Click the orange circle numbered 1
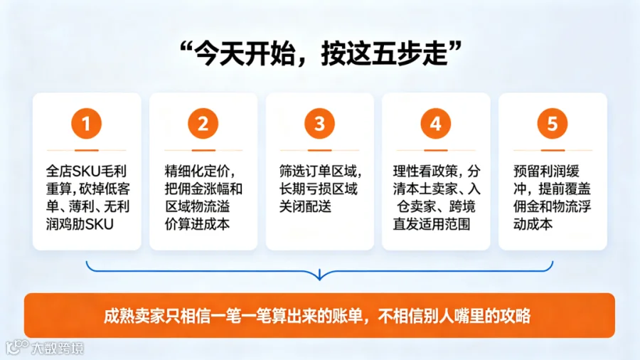(x=86, y=123)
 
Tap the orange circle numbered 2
(x=203, y=123)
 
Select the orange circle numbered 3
(x=319, y=123)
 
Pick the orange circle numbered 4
(x=435, y=123)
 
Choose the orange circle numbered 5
(x=553, y=123)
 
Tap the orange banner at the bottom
(x=319, y=315)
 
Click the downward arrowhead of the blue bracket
(x=319, y=275)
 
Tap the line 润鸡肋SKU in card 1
(x=80, y=224)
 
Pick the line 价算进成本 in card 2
(x=197, y=224)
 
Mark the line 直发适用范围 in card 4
(x=432, y=224)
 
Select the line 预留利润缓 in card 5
(x=546, y=171)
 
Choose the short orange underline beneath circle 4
(x=435, y=150)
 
